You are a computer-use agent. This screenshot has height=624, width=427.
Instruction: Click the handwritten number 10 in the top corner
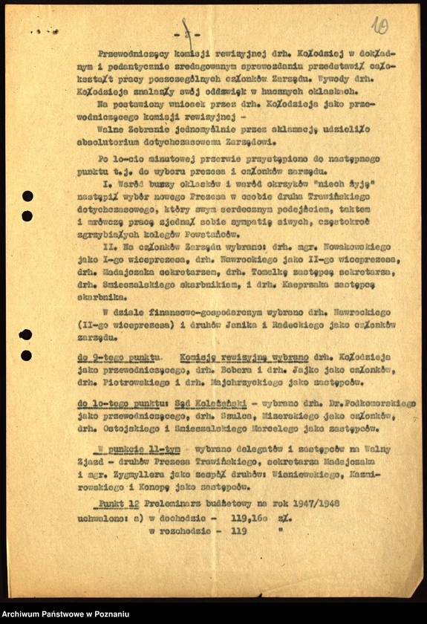tap(380, 27)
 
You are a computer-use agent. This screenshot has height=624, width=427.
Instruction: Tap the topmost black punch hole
tap(27, 196)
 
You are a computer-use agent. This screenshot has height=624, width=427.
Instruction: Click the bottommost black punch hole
tap(26, 355)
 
